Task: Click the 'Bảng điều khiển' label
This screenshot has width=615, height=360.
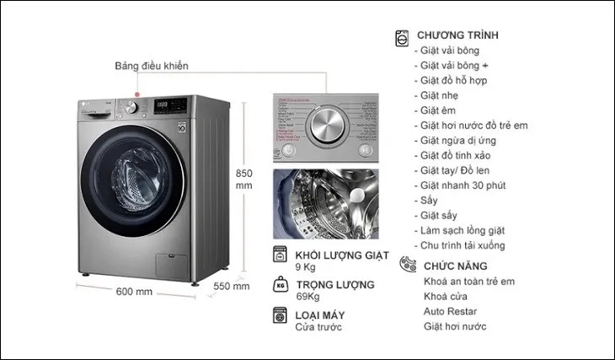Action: point(152,67)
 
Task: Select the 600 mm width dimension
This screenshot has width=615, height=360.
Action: point(135,292)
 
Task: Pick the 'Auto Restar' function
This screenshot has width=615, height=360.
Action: point(451,311)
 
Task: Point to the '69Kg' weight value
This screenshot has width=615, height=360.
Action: point(308,298)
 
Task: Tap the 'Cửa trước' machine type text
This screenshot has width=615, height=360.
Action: point(319,328)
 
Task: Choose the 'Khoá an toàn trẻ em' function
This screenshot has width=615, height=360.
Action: point(469,282)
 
